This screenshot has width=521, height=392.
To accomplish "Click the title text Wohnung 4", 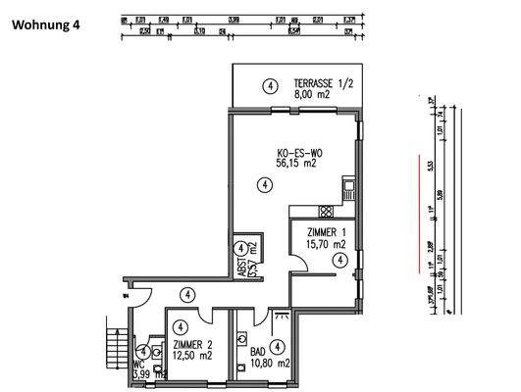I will point(47,26).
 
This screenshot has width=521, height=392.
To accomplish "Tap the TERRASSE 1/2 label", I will point(321,84).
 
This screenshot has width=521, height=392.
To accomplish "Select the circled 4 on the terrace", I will point(268,86).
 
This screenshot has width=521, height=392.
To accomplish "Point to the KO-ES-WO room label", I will point(297,153).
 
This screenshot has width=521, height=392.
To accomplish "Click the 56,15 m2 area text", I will point(296,166).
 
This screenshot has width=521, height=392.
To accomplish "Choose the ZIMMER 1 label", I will point(326,230).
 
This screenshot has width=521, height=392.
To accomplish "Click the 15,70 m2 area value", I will point(325,244).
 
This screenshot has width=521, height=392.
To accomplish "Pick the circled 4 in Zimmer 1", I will point(339,260).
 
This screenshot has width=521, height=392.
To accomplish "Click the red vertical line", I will point(419,210).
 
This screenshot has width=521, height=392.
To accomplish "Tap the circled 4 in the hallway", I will point(186,294).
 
